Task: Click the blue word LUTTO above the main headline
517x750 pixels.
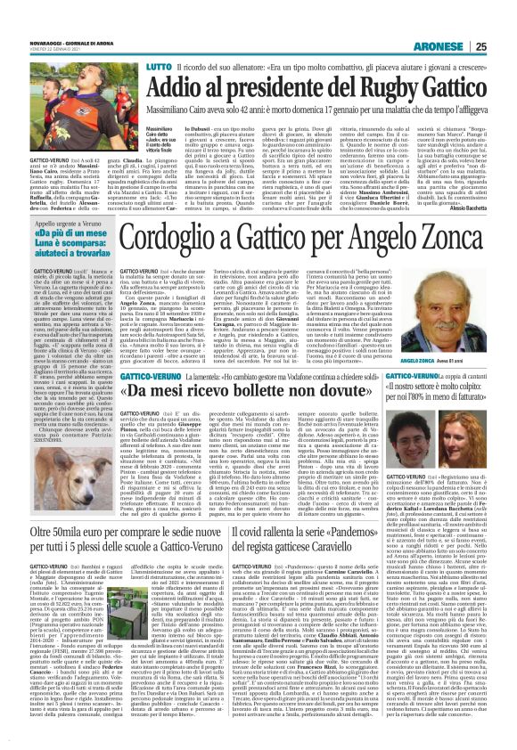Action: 134,42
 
